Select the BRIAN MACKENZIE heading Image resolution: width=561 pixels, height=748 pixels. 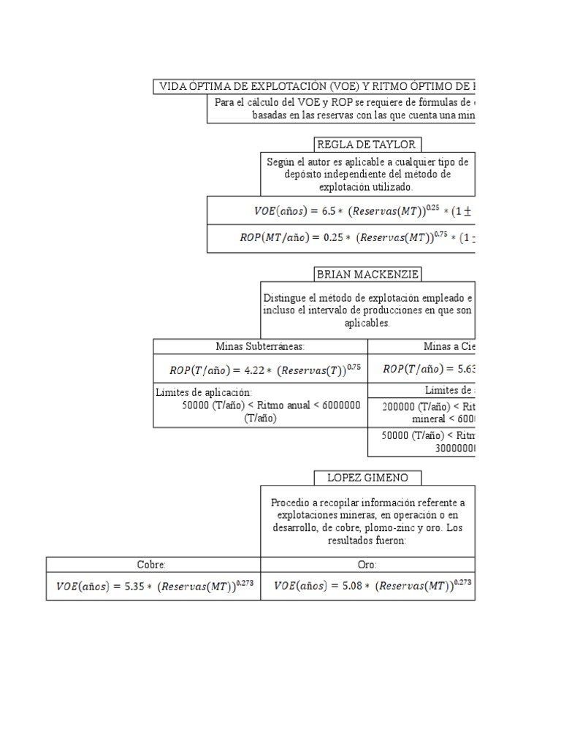tap(367, 275)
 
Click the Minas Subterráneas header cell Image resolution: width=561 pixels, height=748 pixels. tap(260, 346)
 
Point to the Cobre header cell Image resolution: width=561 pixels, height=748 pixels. tap(153, 565)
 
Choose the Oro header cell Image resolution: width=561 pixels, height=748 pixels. tap(367, 565)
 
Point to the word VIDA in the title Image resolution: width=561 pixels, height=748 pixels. tap(174, 87)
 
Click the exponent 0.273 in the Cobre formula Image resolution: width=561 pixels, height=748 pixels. tap(243, 582)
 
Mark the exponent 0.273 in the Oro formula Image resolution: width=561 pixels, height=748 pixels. tap(463, 582)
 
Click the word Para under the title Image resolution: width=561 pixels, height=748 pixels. tap(224, 103)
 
